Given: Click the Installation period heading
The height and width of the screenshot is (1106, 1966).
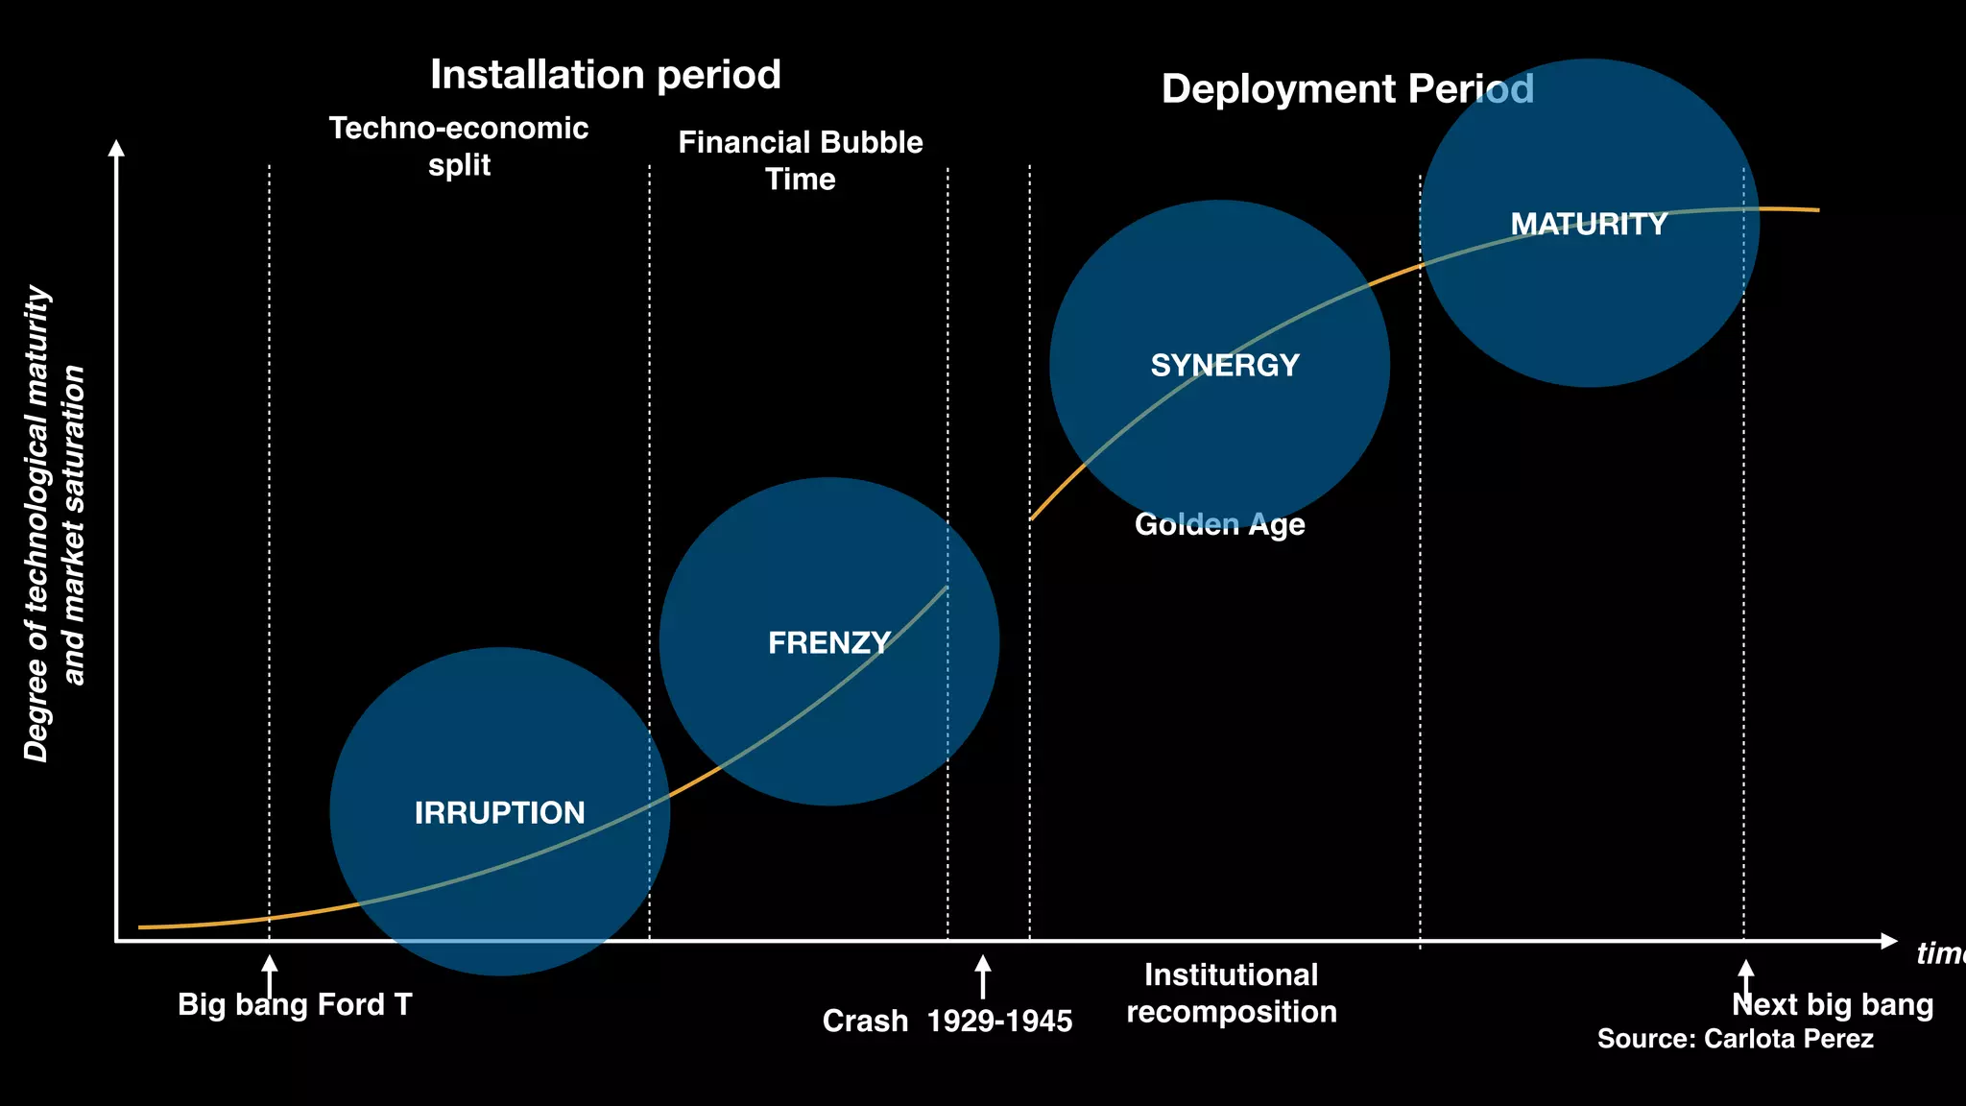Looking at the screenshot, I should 605,75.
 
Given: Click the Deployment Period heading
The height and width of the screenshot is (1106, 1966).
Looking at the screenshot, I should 1347,89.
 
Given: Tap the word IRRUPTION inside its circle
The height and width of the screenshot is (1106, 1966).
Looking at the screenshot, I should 499,813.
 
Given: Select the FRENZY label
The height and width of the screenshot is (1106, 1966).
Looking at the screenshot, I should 829,642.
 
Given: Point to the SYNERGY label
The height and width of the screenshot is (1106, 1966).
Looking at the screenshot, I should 1224,366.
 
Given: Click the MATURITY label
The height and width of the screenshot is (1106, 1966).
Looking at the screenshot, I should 1589,225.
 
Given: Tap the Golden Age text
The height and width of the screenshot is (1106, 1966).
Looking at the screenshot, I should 1219,524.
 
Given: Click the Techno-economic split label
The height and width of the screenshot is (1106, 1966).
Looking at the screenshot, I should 459,146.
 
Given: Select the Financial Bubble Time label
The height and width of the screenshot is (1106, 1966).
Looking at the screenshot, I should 800,160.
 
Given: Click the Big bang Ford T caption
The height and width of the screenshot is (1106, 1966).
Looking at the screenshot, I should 295,1005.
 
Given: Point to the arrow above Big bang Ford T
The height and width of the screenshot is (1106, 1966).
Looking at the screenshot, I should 270,974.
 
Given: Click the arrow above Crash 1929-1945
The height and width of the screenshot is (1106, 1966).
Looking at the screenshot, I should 982,976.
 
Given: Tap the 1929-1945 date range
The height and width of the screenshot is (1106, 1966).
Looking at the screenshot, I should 999,1022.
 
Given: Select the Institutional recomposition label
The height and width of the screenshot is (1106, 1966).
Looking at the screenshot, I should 1231,994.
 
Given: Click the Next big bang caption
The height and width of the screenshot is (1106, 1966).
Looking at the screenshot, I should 1832,1005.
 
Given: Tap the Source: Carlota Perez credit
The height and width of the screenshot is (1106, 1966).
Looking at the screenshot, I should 1735,1039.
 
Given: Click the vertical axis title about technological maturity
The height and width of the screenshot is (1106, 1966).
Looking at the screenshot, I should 54,524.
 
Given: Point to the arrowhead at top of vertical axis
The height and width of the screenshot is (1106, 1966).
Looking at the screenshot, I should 116,148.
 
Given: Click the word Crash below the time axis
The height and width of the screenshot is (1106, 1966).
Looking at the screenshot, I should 865,1022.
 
